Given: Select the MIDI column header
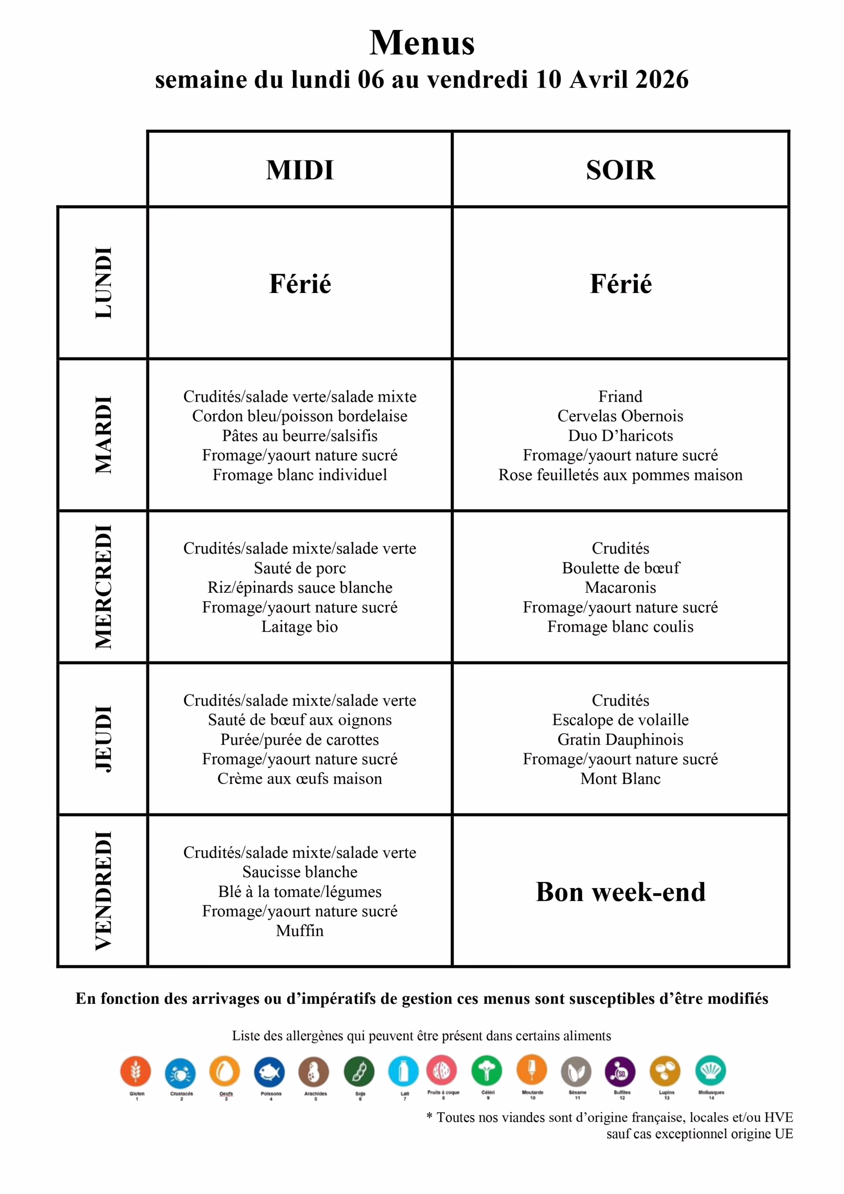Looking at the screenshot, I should [x=299, y=170].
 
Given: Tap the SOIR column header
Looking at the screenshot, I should [x=620, y=170].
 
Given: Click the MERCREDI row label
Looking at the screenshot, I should [x=103, y=586].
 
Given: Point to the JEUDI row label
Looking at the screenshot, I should [x=103, y=738].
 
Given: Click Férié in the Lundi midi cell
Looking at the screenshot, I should [x=299, y=284].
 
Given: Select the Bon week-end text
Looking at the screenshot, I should [x=620, y=892].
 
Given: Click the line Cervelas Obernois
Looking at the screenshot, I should [x=620, y=416].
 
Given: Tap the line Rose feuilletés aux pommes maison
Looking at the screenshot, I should [x=620, y=474].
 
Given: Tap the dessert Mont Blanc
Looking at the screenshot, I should [x=620, y=778].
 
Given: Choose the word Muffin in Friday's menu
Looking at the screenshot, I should [x=299, y=930].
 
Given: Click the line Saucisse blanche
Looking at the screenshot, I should [x=299, y=872].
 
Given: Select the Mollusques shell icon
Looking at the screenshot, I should [x=710, y=1070].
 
